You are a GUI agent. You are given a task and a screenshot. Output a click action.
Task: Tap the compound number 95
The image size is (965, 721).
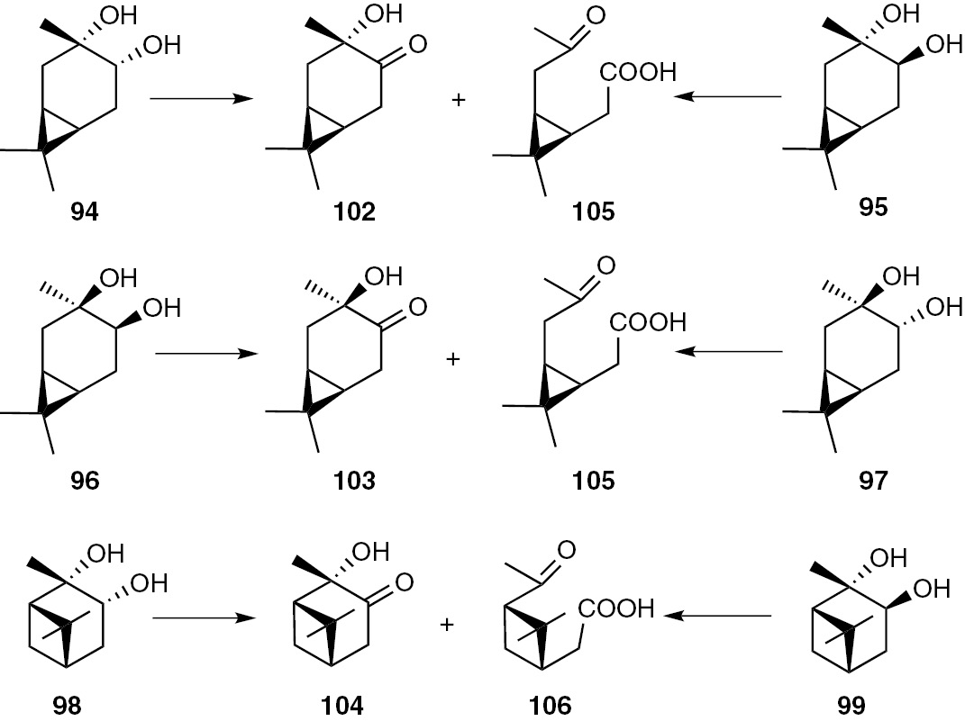(873, 207)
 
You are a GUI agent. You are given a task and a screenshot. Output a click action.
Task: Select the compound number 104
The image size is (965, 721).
(343, 705)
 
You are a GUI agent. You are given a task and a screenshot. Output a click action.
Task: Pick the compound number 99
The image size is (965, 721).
(851, 705)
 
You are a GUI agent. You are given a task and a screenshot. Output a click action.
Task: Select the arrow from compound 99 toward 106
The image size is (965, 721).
(717, 617)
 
